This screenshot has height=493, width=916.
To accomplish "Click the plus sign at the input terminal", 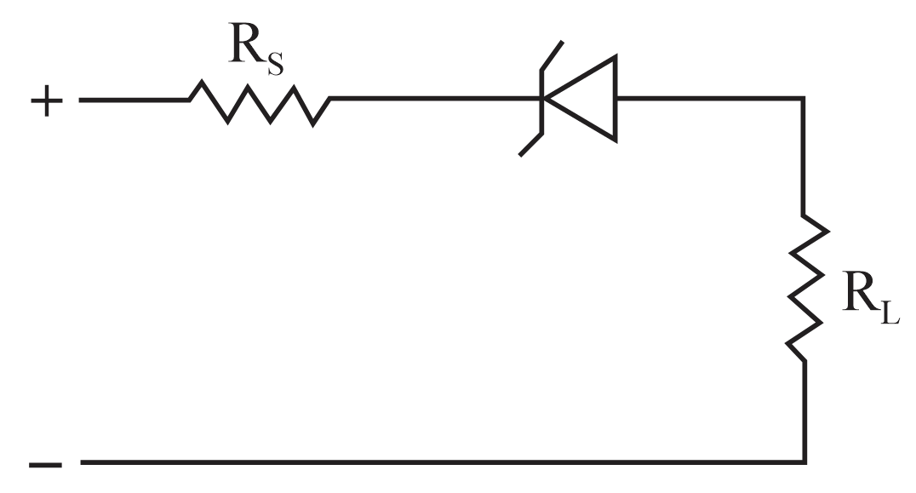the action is pos(47,101).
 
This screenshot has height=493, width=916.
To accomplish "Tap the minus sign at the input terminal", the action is pos(46,465).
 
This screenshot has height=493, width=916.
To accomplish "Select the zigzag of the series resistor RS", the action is pos(260,103).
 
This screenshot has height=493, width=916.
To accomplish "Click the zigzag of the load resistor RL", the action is pos(807,288).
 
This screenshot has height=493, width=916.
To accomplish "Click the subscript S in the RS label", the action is pos(276,64).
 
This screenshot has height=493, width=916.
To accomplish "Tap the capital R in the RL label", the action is pos(861,290).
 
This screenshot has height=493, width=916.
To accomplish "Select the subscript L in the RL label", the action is pos(890,312).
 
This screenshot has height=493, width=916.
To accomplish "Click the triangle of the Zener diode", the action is pos(580,99).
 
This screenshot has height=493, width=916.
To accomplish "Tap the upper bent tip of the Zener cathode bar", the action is pos(563,42).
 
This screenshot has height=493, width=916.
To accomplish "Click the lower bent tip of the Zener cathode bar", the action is pos(520,155).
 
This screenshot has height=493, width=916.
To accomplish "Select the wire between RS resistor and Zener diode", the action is pos(436,99).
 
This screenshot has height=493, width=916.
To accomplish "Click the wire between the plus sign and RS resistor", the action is pos(135,100).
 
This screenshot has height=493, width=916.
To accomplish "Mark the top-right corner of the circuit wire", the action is pos(804,98).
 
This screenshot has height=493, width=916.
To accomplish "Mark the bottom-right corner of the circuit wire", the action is pos(805,462).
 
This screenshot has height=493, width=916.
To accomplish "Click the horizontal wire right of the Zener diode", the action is pos(710,98).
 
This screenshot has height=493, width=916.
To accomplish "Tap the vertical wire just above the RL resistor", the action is pos(804,157).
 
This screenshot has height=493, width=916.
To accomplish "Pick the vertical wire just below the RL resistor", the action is pos(805,411).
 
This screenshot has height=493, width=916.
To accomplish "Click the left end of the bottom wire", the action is pos(81,462).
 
